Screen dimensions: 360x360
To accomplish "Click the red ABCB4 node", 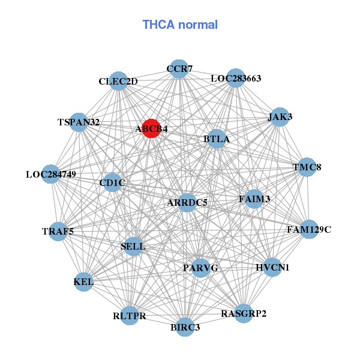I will (x=151, y=128).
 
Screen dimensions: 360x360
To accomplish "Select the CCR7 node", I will (x=178, y=70).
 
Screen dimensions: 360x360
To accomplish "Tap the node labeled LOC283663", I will (x=235, y=78).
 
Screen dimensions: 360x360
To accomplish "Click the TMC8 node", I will (x=306, y=167).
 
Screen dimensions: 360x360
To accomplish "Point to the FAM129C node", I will (x=308, y=229).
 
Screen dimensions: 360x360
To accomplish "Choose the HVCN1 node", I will (x=272, y=267).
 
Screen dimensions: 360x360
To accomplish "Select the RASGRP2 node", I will (x=243, y=313).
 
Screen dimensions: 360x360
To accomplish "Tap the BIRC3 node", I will (x=185, y=326).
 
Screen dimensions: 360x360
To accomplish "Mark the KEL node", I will (x=83, y=281).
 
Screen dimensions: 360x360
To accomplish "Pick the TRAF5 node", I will (x=58, y=231).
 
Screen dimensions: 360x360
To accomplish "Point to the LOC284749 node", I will (x=51, y=175).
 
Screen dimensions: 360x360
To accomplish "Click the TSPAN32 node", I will (x=79, y=122).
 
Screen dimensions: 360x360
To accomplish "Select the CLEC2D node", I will (x=119, y=82).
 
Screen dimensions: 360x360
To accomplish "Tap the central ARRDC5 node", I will (x=187, y=203).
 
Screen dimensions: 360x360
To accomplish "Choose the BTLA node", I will (x=216, y=139).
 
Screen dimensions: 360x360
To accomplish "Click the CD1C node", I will (x=112, y=183).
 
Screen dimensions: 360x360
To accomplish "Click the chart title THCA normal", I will (x=179, y=25).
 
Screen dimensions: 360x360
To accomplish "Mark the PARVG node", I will (x=200, y=267).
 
